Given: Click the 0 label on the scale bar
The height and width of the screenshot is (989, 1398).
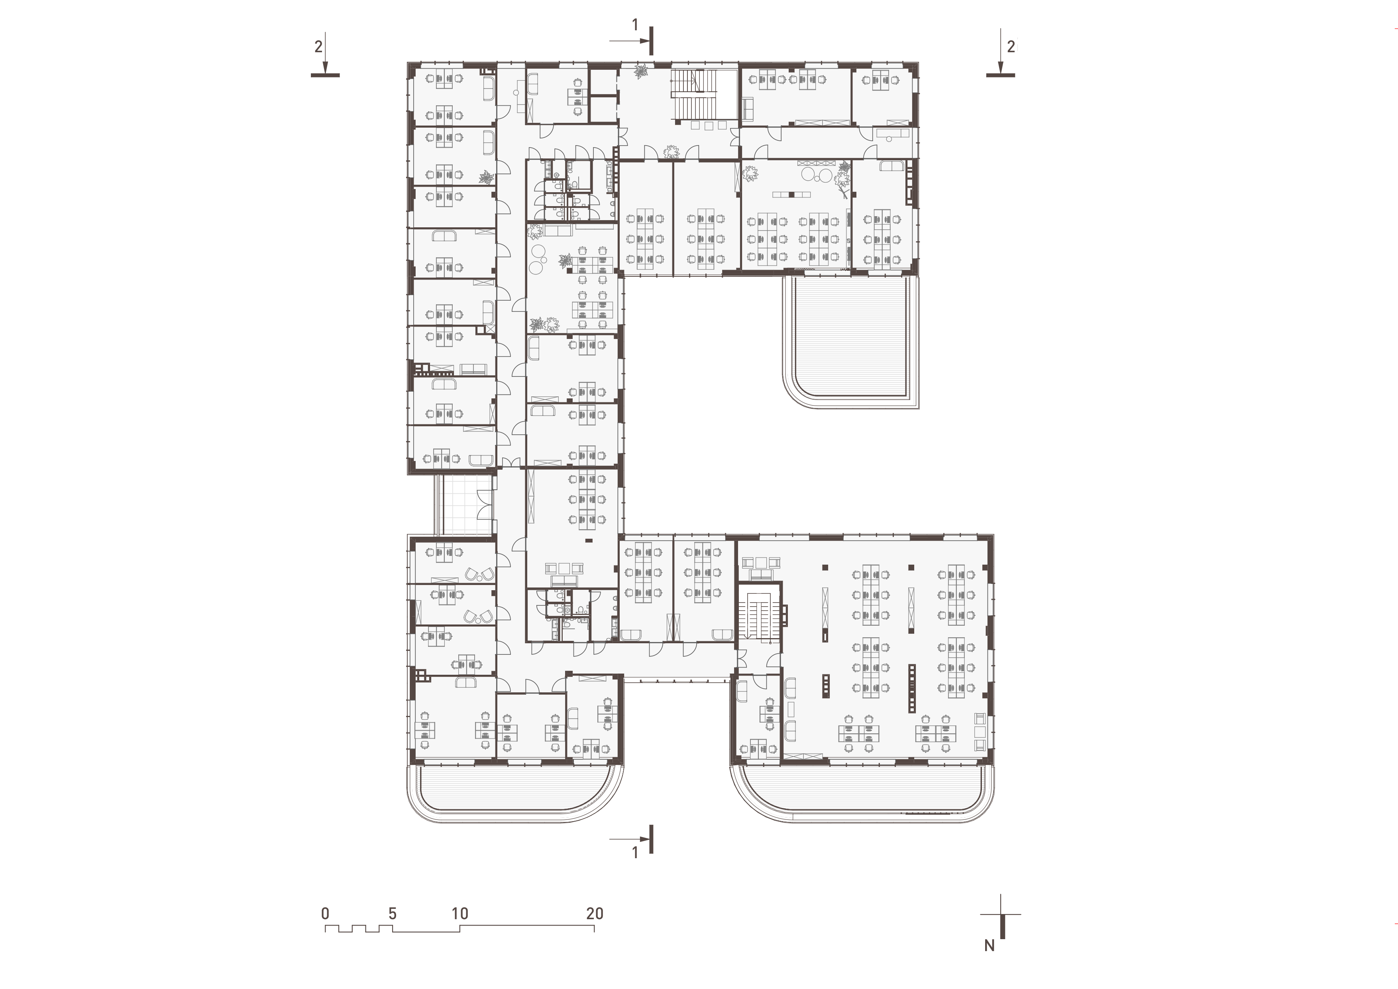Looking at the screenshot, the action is coord(326,914).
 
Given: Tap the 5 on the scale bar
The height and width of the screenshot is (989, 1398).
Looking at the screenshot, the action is coord(393,914).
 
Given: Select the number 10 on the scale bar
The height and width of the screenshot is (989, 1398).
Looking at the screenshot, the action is coord(460,914).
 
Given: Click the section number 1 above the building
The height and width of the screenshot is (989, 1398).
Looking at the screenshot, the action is coord(635,25).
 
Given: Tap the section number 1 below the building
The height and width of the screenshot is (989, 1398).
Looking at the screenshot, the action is coord(635,853).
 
